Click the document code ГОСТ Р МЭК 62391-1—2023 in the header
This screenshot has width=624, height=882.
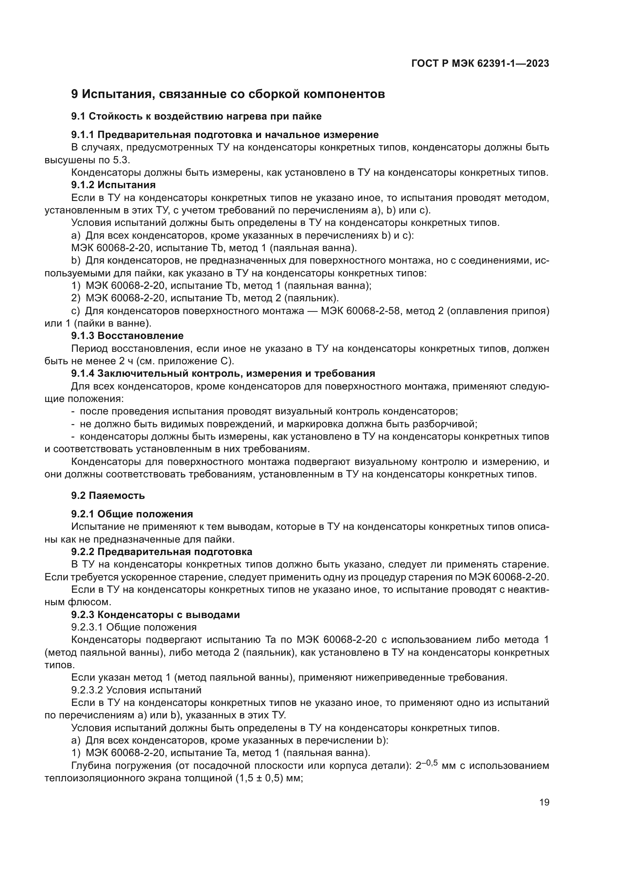(x=480, y=64)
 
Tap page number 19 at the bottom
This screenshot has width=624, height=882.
(x=544, y=802)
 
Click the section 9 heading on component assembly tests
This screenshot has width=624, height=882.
(x=228, y=94)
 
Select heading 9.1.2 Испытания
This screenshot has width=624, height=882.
(x=113, y=185)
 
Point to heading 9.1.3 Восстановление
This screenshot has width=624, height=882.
(x=127, y=336)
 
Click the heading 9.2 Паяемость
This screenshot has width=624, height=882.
(x=108, y=495)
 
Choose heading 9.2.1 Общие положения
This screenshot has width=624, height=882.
(x=132, y=514)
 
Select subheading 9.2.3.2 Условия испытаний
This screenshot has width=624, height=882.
(x=136, y=690)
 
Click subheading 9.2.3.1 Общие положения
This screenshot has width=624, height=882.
(x=134, y=627)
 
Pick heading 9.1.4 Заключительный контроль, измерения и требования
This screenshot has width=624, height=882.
(x=223, y=373)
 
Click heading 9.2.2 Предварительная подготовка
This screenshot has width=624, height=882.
(x=162, y=552)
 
